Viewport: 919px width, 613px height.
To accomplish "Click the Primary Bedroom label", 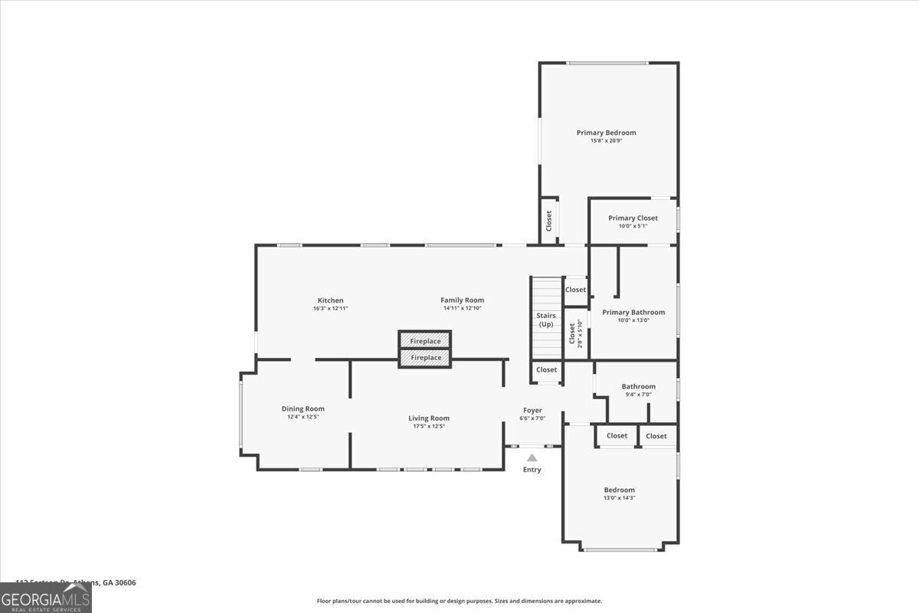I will click(606, 133).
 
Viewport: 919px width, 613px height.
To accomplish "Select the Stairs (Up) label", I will click(546, 320).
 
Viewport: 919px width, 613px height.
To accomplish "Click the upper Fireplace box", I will click(425, 341).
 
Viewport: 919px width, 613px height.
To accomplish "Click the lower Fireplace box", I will click(425, 358).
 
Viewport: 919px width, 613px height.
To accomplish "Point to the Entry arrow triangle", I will click(531, 457).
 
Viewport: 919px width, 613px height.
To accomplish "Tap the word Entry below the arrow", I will click(531, 470).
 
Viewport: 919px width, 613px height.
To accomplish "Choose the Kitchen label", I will click(331, 300).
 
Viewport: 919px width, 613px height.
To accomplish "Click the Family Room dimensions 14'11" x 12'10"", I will click(462, 308).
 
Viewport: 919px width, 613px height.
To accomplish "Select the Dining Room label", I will click(303, 408).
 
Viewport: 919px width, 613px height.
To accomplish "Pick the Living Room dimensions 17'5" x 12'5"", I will click(429, 426).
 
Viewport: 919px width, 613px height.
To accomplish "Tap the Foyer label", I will click(532, 410).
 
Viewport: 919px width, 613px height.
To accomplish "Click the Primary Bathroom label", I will click(633, 312).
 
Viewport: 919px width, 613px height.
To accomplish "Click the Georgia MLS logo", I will click(45, 598).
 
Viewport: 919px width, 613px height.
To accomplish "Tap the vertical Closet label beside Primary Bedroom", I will click(549, 221).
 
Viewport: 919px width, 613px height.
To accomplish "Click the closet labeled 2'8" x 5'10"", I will click(574, 334).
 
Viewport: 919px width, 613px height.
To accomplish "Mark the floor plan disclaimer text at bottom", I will click(459, 601).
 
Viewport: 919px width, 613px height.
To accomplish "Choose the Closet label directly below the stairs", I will click(547, 370).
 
